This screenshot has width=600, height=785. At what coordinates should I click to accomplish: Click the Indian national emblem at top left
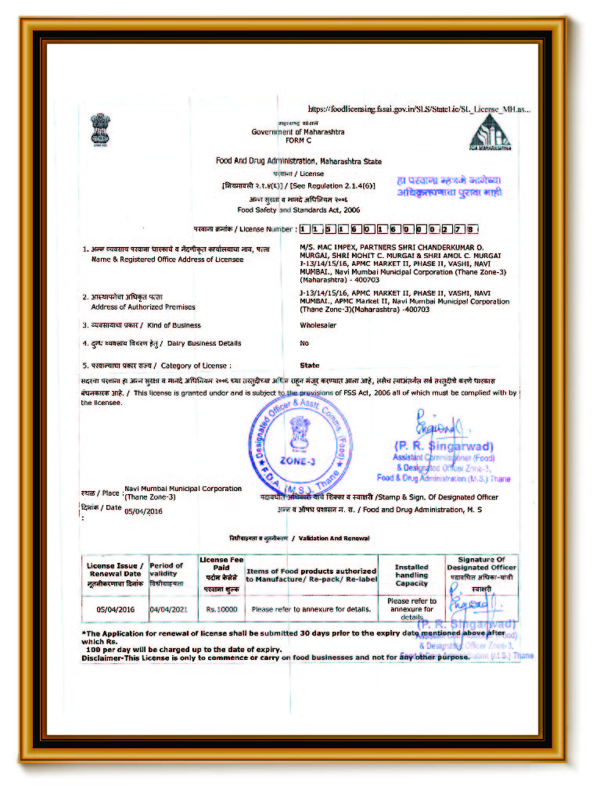tap(99, 130)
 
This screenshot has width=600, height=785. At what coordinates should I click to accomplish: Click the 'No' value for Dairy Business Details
tap(304, 343)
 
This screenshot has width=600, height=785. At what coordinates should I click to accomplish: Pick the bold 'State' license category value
tap(310, 365)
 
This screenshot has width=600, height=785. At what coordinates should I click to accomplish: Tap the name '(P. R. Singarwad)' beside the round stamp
tap(443, 446)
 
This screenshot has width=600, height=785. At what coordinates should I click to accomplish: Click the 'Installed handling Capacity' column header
tap(411, 575)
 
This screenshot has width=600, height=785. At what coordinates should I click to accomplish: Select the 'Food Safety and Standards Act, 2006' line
tap(298, 210)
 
